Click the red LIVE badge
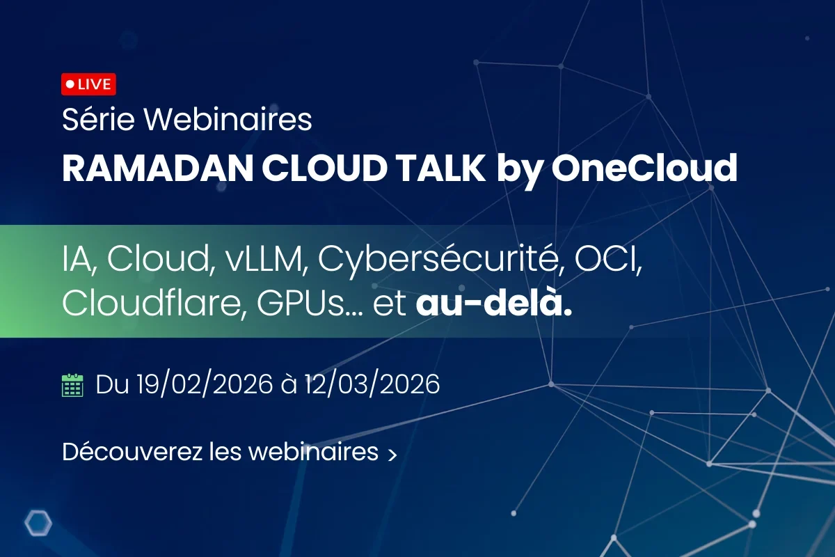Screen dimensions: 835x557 coord(89,84)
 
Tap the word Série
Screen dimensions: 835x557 coord(98,119)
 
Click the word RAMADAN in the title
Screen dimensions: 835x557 coord(158,168)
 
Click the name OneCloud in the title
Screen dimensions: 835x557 coord(644,168)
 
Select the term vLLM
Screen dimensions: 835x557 coord(266,259)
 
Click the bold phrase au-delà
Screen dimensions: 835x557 coord(494,303)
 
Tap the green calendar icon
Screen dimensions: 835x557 coord(72,385)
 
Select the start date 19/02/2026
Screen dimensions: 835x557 coord(205,384)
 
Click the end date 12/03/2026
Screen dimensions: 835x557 coord(372,384)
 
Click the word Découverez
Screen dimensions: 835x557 coord(132,451)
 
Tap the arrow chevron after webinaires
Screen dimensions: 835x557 coord(392,455)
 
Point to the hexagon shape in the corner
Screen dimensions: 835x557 coord(38,523)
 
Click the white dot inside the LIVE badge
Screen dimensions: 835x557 coord(70,84)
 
